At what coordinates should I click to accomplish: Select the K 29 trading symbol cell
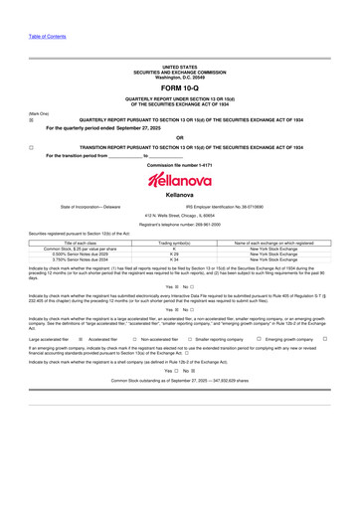tap(174, 254)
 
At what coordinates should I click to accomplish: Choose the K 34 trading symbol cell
tap(174, 259)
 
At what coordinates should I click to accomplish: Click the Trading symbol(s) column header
tap(174, 242)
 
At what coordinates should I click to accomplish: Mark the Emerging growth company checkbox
tap(326, 339)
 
